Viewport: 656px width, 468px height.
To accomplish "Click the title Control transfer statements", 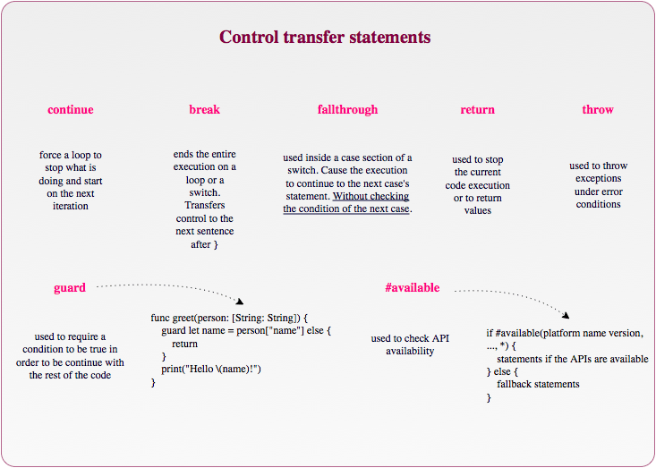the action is click(x=325, y=37).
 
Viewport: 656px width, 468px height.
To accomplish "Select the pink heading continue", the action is click(x=71, y=109).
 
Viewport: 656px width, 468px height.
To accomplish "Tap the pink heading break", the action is click(x=205, y=109).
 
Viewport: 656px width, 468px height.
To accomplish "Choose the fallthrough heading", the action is click(x=347, y=109).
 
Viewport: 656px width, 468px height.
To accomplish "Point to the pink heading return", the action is click(x=477, y=109).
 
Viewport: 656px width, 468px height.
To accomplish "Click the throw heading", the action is click(x=598, y=109).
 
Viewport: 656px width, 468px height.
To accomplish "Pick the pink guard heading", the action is click(x=70, y=288).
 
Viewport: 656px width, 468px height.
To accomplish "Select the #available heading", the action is click(x=412, y=288).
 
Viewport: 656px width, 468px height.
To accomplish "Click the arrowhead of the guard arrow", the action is click(x=240, y=302).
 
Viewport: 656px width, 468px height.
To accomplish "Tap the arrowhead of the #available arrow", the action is click(x=566, y=315).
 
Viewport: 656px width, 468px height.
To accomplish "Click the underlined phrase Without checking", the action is click(x=371, y=196).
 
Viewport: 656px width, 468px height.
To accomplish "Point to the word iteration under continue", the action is click(x=71, y=206).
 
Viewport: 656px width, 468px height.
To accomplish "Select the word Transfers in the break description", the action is click(x=205, y=205).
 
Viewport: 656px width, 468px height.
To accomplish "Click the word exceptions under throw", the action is click(x=598, y=179).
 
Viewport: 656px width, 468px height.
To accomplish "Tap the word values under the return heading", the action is click(x=477, y=210).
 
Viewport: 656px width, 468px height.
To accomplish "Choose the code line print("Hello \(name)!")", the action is click(x=211, y=370).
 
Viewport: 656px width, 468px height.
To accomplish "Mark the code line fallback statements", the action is click(x=538, y=385).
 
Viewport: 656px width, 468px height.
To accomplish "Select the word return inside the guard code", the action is click(x=184, y=345).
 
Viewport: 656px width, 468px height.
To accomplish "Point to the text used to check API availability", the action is click(x=410, y=345).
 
